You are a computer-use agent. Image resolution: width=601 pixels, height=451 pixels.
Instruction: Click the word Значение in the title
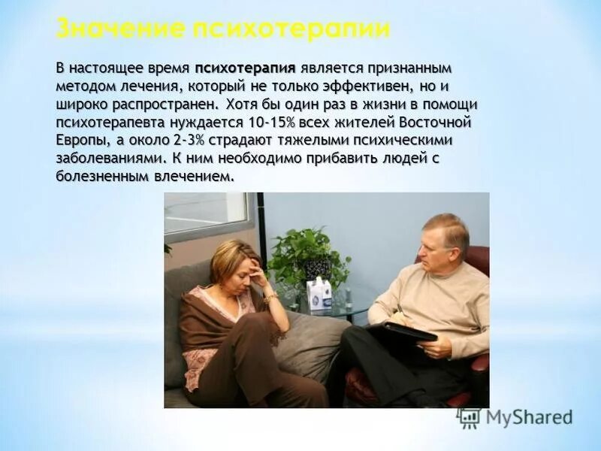(x=119, y=29)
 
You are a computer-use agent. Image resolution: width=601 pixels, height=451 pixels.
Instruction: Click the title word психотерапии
(x=291, y=29)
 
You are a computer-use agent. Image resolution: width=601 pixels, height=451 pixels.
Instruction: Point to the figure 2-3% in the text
(x=196, y=140)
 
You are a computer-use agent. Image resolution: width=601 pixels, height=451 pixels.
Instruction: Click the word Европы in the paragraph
(x=79, y=140)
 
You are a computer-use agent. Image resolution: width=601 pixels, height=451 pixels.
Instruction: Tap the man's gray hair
(x=448, y=225)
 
